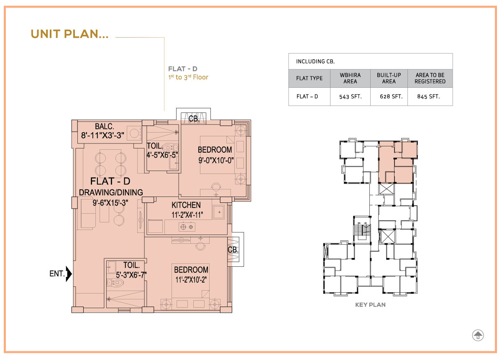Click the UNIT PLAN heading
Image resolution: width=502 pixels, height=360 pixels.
[x=69, y=34]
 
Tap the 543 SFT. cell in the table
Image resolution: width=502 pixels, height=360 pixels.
[x=350, y=97]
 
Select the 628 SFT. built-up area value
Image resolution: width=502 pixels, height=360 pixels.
[x=391, y=97]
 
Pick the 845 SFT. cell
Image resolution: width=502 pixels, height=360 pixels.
[x=428, y=97]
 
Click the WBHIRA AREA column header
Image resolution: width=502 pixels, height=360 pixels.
[x=350, y=78]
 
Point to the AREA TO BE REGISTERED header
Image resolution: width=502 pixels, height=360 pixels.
[x=430, y=78]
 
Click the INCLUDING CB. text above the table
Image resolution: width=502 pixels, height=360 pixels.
[x=315, y=61]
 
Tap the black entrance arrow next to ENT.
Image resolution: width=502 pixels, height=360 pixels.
[x=69, y=274]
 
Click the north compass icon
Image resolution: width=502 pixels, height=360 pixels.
[x=478, y=335]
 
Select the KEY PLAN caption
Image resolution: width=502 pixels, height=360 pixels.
[x=370, y=305]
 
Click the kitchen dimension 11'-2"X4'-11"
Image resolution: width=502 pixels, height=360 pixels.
[x=187, y=215]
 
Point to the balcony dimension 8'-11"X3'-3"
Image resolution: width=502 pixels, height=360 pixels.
[x=102, y=135]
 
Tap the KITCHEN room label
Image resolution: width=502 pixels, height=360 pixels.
[x=186, y=205]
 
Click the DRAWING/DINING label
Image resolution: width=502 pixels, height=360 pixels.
[x=111, y=192]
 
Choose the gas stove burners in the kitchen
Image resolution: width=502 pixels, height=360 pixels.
[x=187, y=227]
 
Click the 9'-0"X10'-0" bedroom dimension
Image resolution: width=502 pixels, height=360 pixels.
[x=216, y=161]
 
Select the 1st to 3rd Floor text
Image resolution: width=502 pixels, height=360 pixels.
[x=188, y=77]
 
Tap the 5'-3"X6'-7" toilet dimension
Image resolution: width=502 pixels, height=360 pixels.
[x=131, y=275]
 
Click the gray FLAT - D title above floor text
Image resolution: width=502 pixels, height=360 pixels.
[x=183, y=69]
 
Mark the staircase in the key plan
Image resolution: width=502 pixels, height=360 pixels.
[x=362, y=230]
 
